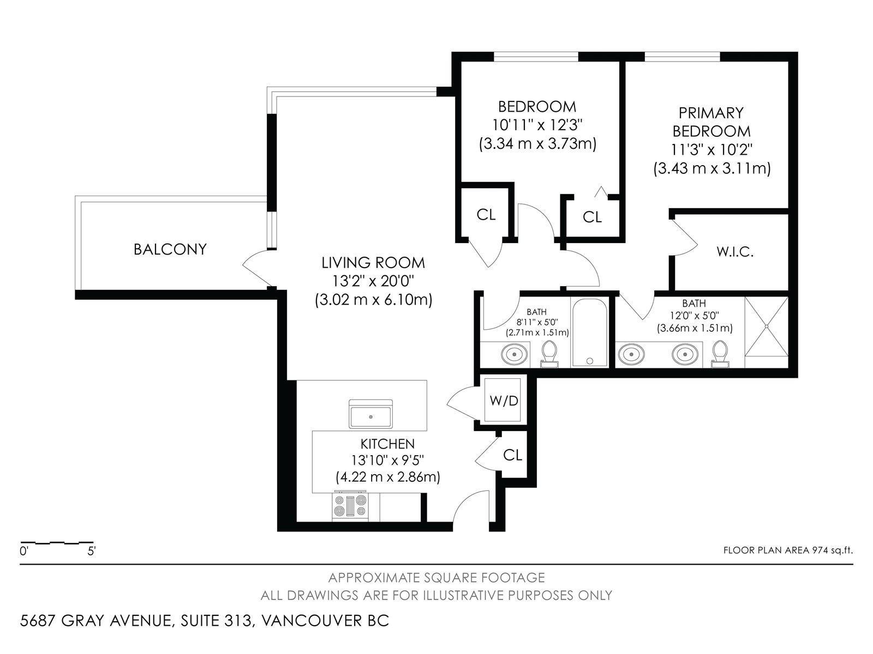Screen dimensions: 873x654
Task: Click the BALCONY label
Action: click(x=170, y=250)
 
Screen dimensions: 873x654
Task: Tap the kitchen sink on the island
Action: click(x=370, y=414)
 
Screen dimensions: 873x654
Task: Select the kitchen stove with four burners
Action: click(x=350, y=506)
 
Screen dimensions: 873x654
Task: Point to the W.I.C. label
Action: click(x=735, y=252)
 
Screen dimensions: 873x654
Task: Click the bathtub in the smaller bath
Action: click(x=589, y=333)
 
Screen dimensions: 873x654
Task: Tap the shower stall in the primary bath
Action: click(x=766, y=326)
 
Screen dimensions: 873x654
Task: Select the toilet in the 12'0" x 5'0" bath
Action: click(x=720, y=354)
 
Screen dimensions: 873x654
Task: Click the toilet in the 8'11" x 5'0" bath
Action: click(x=549, y=354)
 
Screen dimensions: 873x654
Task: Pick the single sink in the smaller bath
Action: click(x=515, y=353)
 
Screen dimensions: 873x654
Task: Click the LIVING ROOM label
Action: click(x=373, y=263)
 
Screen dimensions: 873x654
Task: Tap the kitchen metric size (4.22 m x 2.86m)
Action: click(x=388, y=476)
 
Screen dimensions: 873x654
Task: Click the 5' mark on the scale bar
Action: click(x=92, y=551)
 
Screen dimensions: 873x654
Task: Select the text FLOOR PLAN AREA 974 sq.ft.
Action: click(x=788, y=550)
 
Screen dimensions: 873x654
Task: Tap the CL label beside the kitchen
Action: click(x=512, y=456)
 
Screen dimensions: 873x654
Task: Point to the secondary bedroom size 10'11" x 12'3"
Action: click(x=537, y=125)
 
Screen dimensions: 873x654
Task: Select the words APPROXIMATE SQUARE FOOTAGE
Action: click(x=436, y=578)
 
